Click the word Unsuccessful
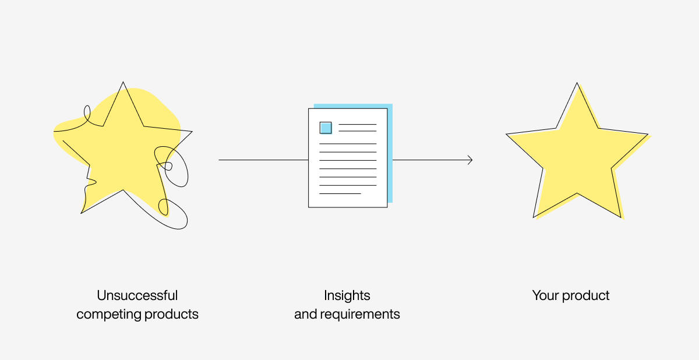point(137,295)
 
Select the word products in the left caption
point(171,314)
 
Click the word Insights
point(347,296)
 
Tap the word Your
point(545,295)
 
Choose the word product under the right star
point(585,296)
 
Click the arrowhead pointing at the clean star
point(470,160)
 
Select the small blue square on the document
point(326,128)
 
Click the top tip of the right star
point(577,83)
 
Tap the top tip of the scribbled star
point(123,82)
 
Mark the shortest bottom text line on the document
point(340,194)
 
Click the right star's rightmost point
point(648,135)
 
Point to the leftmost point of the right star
point(506,135)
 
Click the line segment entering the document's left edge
point(263,160)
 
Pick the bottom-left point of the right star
point(534,217)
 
